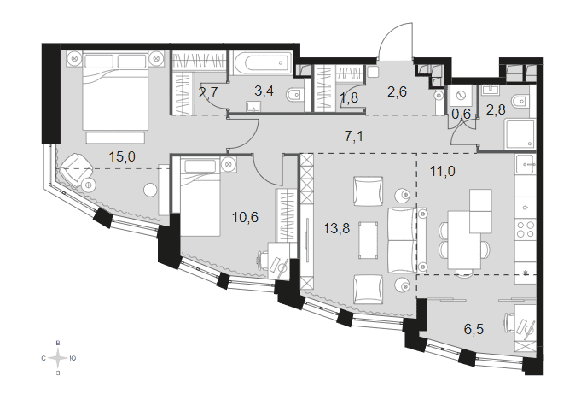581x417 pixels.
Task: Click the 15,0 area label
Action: [122, 156]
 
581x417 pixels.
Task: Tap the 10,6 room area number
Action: [245, 217]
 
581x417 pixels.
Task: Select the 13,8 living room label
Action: [336, 228]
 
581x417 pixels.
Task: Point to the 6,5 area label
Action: [474, 329]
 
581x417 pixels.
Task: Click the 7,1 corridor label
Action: [354, 136]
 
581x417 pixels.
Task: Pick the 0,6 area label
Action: [462, 115]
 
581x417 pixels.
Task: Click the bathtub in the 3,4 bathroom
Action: [262, 64]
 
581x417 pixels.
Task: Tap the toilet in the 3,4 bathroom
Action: [295, 95]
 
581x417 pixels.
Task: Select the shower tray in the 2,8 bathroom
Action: [519, 134]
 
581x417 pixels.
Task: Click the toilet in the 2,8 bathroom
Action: [520, 100]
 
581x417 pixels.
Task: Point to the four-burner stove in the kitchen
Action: [526, 229]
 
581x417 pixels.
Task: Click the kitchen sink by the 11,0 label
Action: [526, 163]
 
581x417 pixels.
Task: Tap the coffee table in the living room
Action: [368, 240]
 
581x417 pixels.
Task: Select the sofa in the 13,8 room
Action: [407, 240]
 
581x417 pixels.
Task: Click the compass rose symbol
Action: [58, 358]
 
